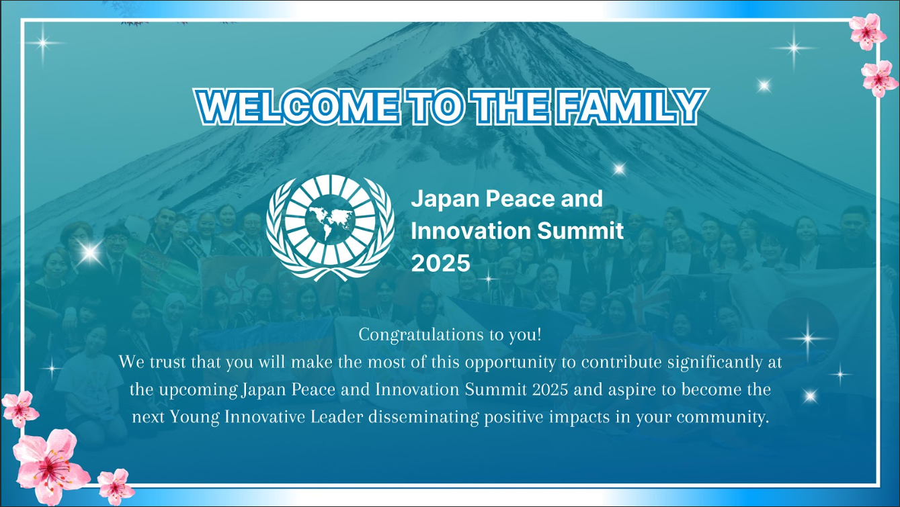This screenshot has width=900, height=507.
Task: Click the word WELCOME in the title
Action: click(297, 107)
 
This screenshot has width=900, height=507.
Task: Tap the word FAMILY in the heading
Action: click(631, 107)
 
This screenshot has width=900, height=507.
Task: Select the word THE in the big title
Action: click(510, 107)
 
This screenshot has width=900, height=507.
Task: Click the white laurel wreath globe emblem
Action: click(330, 228)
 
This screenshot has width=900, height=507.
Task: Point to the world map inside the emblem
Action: click(330, 220)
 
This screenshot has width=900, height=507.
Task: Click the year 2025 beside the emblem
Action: click(440, 264)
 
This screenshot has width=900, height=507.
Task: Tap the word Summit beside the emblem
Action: click(580, 231)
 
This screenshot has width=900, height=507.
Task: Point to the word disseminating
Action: click(424, 417)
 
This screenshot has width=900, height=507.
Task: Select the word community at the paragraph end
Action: click(723, 418)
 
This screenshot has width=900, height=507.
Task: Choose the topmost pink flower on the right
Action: click(868, 32)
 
